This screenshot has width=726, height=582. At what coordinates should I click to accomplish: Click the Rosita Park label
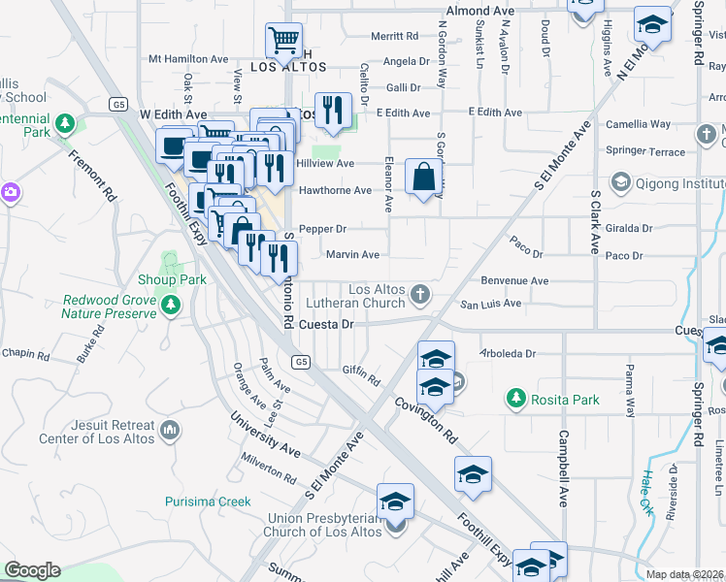tap(565, 399)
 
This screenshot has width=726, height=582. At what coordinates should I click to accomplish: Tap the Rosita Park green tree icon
tap(514, 399)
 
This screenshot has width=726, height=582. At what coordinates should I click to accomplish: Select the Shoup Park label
tap(173, 279)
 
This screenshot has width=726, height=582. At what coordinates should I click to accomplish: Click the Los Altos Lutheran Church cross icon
tap(420, 293)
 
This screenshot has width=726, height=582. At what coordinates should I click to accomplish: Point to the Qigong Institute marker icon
tap(619, 181)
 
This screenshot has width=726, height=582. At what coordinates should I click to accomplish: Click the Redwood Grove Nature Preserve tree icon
tap(171, 307)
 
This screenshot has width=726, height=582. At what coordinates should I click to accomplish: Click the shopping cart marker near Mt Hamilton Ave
tap(282, 41)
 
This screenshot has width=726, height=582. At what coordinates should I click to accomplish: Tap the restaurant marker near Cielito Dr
tap(334, 109)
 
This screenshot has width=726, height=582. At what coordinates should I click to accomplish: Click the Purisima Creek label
tap(208, 501)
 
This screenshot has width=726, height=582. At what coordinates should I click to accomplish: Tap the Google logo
tap(32, 570)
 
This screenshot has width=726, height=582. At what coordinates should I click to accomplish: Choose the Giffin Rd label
tap(361, 370)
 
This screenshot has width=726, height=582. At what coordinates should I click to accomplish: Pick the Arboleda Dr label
tap(509, 354)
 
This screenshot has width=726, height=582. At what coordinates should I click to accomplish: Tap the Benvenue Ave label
tap(517, 280)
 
